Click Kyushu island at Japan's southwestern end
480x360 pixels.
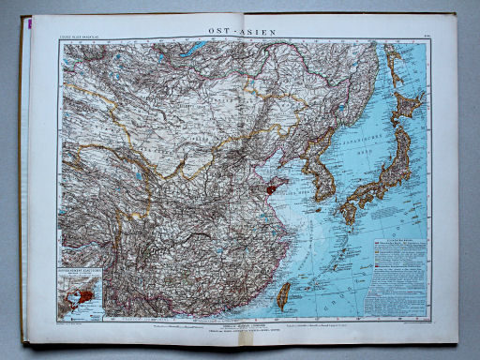[348, 213]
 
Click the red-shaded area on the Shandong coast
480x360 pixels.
[272, 188]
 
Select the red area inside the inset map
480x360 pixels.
[83, 296]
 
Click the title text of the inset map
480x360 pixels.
[82, 272]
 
